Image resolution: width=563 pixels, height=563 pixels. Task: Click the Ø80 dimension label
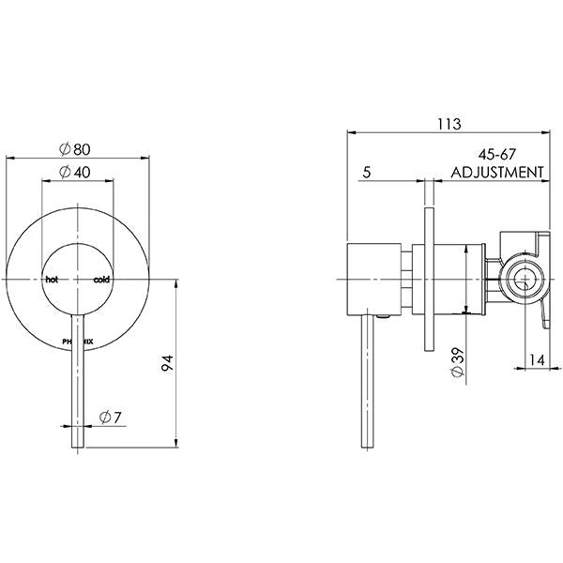76,148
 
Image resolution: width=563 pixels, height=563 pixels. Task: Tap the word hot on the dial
52,280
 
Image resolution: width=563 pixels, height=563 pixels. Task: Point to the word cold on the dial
100,280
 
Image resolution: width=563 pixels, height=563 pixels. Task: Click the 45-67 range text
497,156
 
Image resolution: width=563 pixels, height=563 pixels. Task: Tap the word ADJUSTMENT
497,173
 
